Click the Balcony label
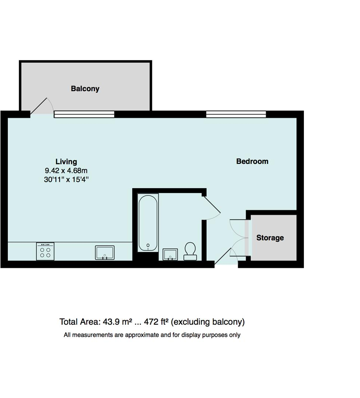(x=85, y=89)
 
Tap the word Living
(x=66, y=161)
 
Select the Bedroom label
(x=252, y=161)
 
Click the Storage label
(x=270, y=238)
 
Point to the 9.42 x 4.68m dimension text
(x=66, y=171)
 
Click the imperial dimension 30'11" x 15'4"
(x=66, y=180)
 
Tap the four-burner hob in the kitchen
(x=45, y=251)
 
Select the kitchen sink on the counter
(x=105, y=253)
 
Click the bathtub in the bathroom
(x=148, y=223)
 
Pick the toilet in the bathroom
(x=190, y=251)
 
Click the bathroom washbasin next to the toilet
(x=170, y=254)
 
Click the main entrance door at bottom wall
(x=224, y=256)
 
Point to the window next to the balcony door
(x=84, y=115)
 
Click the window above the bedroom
(x=236, y=115)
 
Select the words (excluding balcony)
(x=208, y=322)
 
